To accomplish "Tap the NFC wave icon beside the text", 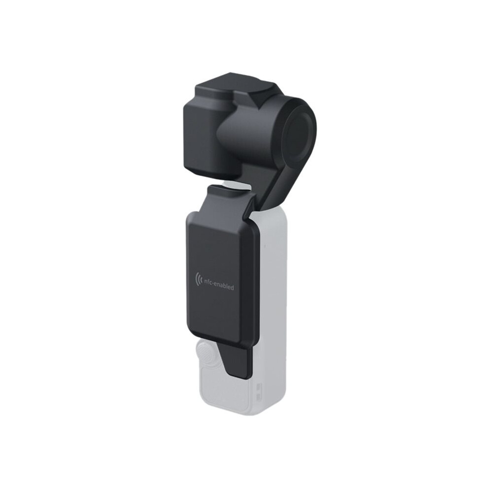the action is [x=197, y=278].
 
